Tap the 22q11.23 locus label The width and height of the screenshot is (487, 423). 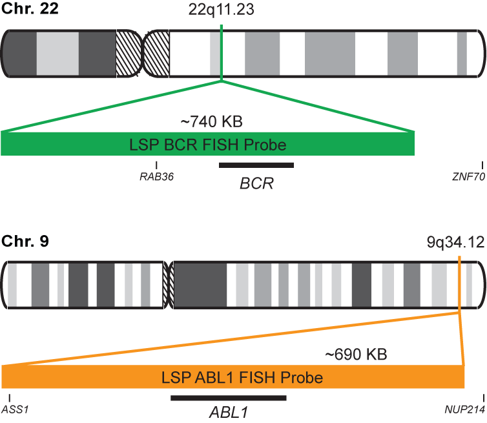tap(222, 12)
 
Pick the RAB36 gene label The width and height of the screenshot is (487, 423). tap(157, 175)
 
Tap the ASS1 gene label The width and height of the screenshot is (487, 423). tap(12, 409)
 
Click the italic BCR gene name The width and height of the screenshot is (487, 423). tap(256, 183)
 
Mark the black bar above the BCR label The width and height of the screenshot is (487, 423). tap(256, 165)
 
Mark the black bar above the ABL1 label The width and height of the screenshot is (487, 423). tap(228, 397)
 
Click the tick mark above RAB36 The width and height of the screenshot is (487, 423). tap(157, 165)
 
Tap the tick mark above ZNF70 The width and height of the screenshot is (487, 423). tap(482, 165)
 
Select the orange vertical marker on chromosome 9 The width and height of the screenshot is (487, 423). tap(459, 284)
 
